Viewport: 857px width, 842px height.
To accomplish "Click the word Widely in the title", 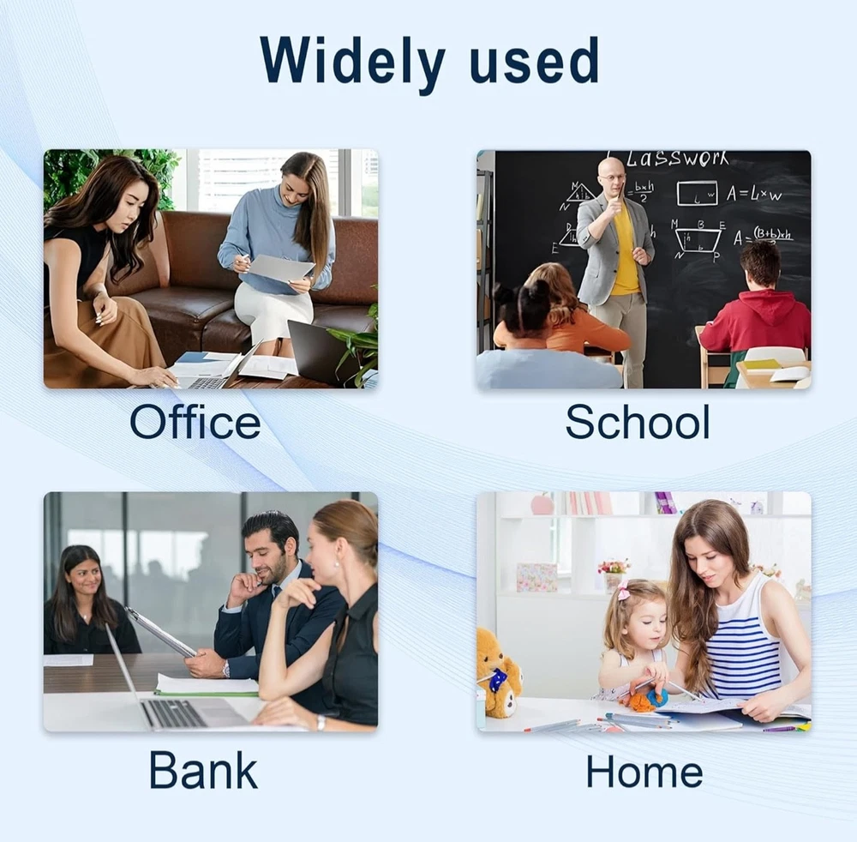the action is point(352,63).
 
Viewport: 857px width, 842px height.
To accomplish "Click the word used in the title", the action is point(533,60).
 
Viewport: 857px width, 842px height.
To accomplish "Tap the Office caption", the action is point(195,421).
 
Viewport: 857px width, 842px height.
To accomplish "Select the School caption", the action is point(638,421).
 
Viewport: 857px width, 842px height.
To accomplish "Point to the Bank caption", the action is point(203,769).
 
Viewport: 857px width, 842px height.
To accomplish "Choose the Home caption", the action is point(644,771).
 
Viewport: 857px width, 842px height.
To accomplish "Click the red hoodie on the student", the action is point(755,322).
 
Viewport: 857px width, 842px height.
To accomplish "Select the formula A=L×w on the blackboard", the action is point(754,194).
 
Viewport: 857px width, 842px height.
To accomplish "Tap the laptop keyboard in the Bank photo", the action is point(174,712).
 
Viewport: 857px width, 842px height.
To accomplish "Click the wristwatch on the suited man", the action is point(225,668).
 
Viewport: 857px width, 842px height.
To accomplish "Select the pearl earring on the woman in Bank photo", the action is point(337,564).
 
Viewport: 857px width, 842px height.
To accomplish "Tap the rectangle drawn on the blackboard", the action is point(697,194).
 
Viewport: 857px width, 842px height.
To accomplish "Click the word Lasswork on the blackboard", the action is point(677,159).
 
